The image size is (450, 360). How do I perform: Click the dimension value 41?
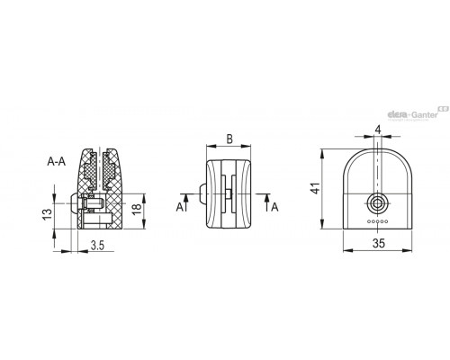316,188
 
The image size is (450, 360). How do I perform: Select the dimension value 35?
378,243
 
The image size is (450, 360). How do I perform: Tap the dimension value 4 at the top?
378,130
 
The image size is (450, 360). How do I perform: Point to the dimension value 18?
137,209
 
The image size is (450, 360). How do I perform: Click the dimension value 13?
48,214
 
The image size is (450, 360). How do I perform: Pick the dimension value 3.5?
97,246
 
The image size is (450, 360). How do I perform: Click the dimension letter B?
229,139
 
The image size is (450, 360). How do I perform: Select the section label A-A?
56,161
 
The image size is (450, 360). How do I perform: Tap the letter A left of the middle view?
180,207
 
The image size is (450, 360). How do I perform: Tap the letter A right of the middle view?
274,207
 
